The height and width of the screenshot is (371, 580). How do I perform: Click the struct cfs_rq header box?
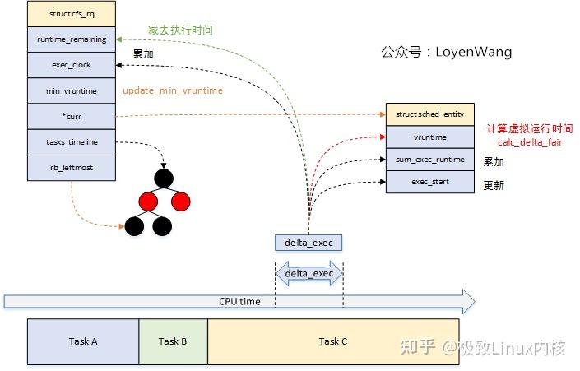click(71, 14)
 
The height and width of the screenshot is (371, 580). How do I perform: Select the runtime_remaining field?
click(71, 39)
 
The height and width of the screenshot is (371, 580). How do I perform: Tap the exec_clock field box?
click(71, 65)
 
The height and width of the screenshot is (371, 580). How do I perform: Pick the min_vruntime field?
click(71, 90)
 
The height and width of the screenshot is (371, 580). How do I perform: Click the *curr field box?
click(71, 116)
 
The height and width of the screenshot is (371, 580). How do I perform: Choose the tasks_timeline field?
click(71, 141)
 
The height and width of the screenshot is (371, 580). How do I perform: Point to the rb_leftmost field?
click(71, 167)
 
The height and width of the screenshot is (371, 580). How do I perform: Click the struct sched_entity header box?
click(430, 114)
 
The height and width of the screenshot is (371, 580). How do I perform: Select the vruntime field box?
click(430, 137)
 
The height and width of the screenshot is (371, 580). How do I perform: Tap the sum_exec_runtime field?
click(430, 159)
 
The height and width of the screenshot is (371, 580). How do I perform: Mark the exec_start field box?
click(430, 181)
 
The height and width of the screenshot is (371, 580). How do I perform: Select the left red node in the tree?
click(147, 200)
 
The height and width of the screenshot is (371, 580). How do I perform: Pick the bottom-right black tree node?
click(162, 225)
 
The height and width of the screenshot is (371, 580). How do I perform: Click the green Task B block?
click(173, 341)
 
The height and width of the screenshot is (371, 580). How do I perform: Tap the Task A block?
click(82, 341)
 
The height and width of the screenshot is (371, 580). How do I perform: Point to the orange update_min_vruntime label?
click(172, 90)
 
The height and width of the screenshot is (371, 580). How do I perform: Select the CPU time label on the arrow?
click(239, 302)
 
